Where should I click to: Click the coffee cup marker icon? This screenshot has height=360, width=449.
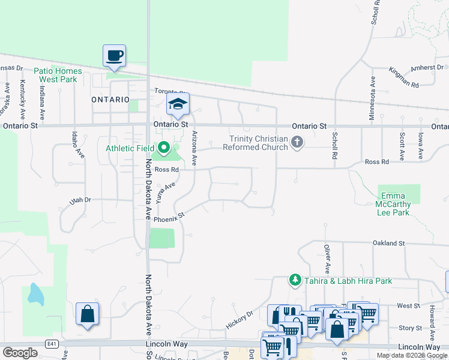[114, 56]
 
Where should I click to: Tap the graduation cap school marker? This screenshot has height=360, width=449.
[178, 104]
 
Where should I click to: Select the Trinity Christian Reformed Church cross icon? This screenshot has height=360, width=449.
[297, 142]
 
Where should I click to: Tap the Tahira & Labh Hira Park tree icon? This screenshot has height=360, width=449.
[295, 280]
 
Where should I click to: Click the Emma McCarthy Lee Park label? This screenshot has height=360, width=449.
[394, 204]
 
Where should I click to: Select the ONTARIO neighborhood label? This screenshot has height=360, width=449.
[110, 100]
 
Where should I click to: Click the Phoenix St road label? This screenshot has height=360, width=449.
[169, 220]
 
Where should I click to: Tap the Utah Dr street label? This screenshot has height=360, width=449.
[79, 200]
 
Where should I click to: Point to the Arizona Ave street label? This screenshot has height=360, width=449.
[194, 148]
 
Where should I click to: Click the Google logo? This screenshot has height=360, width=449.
[20, 353]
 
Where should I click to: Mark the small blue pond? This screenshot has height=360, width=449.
[34, 293]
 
